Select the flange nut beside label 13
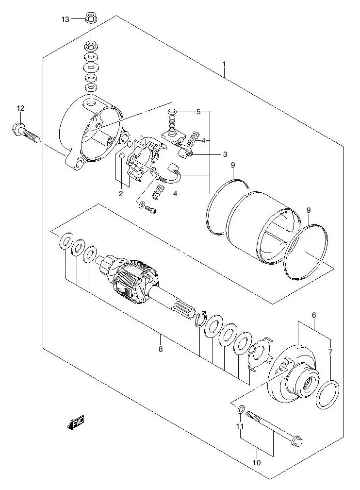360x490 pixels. pyautogui.click(x=89, y=18)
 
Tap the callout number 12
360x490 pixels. pyautogui.click(x=20, y=108)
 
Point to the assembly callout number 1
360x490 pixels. pyautogui.click(x=224, y=64)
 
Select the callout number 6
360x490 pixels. pyautogui.click(x=314, y=315)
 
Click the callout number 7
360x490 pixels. pyautogui.click(x=331, y=352)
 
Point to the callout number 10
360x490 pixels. pyautogui.click(x=257, y=462)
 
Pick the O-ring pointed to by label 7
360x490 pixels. pyautogui.click(x=327, y=394)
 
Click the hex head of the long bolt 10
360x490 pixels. pyautogui.click(x=296, y=439)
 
